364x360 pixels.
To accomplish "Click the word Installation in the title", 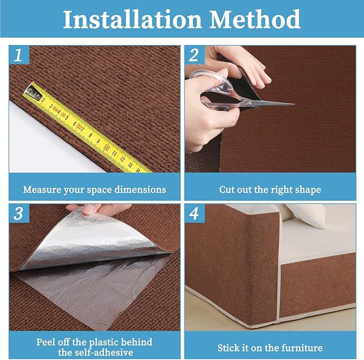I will (132, 20).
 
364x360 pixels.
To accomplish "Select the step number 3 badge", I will (19, 214).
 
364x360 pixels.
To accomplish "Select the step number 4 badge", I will (195, 214).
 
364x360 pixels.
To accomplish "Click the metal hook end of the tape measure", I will (33, 93).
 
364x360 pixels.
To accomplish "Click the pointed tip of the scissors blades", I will (292, 104).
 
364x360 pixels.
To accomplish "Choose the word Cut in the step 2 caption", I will (228, 190).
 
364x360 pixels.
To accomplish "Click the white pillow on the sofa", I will (308, 215).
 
